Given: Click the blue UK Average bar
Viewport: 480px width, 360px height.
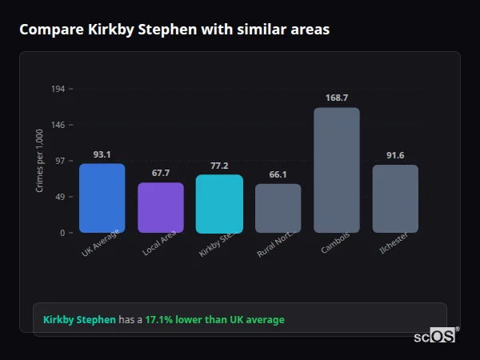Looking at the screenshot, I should coord(102,198).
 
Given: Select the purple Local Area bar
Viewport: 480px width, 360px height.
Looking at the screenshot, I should coord(161,208).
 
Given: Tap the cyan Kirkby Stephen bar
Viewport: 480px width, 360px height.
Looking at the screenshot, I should coord(219,204).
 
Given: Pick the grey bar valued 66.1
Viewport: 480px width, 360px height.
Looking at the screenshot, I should coord(278,209).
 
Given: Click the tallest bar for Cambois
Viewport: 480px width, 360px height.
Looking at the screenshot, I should coord(337,170).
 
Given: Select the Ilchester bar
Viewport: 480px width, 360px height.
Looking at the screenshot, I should coord(395,199).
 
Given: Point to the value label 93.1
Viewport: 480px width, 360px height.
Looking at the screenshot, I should coord(102,154).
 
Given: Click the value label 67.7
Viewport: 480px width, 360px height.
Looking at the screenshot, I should coord(161,173).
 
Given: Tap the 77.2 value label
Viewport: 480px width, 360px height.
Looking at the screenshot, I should coord(219,166).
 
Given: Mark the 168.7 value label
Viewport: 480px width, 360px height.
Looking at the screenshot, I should coord(337,98).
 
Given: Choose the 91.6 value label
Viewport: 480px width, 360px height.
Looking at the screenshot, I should coord(395,155).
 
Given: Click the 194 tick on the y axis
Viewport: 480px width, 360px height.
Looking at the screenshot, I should coord(58,89).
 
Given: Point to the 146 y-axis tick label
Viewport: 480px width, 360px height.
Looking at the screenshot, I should coord(58,125).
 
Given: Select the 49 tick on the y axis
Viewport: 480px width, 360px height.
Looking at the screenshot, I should coord(60,197).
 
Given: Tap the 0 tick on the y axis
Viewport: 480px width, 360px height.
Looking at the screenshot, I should coord(62,233).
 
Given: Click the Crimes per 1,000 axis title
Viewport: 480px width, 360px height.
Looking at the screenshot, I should coord(40,161).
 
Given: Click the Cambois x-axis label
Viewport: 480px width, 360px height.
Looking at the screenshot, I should coord(334,243).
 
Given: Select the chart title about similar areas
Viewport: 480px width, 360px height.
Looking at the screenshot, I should coord(174,29).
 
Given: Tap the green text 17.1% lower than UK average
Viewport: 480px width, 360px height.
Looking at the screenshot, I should coord(214,320).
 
